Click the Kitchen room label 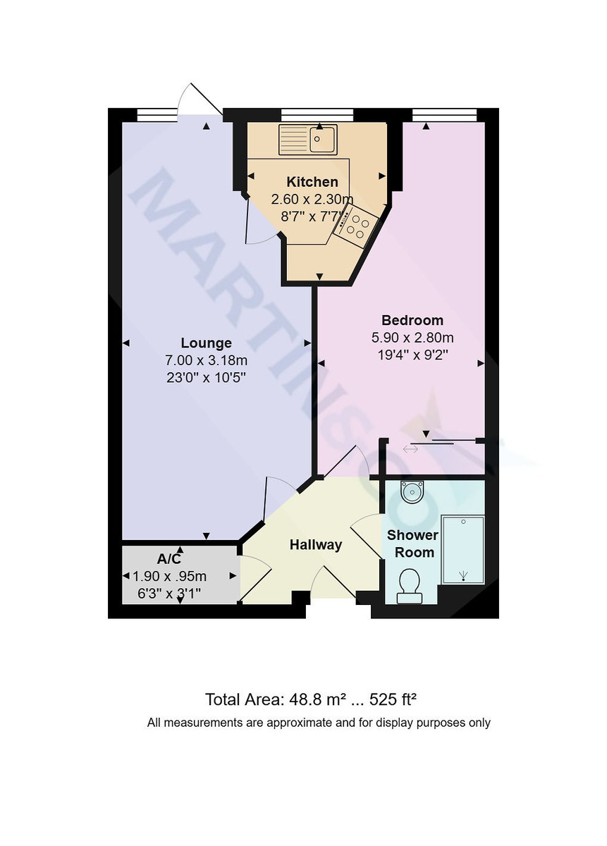point(312,183)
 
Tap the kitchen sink point(309,139)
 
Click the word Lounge point(206,343)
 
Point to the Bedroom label point(412,319)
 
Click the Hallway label point(316,544)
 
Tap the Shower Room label point(412,544)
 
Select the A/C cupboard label point(169,560)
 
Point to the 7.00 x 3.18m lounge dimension point(206,361)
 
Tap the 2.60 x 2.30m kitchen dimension point(312,200)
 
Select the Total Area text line point(311,699)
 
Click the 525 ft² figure point(391,699)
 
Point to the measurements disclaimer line point(319,722)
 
